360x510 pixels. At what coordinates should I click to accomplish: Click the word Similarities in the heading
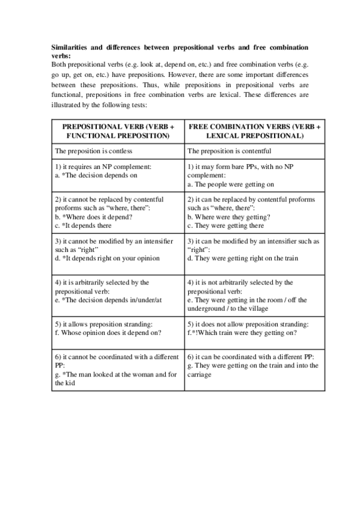[69, 46]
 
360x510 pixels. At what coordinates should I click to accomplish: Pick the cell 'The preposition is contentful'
[230, 151]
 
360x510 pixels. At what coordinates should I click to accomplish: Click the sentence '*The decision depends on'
[96, 176]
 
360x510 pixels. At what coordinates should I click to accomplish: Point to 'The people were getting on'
[231, 185]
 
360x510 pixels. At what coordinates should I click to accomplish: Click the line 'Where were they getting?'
[228, 217]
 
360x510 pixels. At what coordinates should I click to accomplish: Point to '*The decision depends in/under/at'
[106, 300]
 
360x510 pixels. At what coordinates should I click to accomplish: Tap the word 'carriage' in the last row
[200, 374]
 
